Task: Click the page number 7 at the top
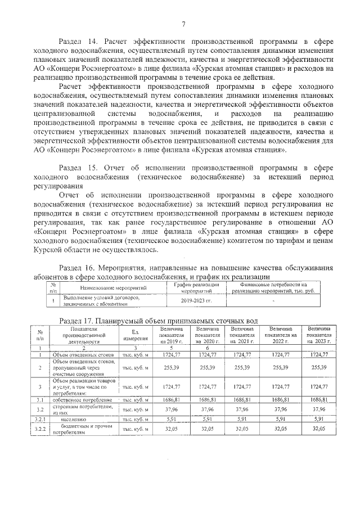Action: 183,23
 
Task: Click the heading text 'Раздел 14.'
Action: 79,41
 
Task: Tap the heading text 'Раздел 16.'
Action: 79,267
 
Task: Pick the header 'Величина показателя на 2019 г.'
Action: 172,335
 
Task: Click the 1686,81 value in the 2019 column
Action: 172,399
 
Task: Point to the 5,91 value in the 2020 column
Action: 207,418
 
